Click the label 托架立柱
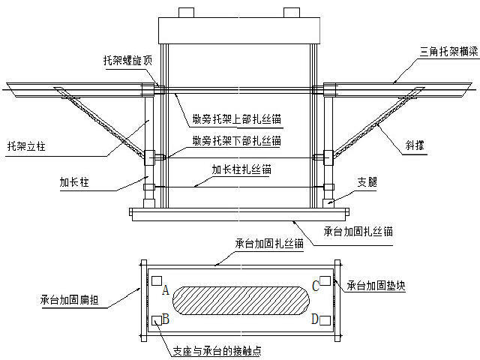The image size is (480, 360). [x=26, y=145]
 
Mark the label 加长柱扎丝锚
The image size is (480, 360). [x=241, y=169]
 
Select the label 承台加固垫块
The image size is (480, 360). [x=375, y=286]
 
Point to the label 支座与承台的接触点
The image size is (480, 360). [x=217, y=350]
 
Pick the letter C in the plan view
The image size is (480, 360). [x=316, y=285]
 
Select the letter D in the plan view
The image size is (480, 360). [x=315, y=319]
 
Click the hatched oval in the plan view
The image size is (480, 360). [x=241, y=302]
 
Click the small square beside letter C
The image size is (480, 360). [x=325, y=282]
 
